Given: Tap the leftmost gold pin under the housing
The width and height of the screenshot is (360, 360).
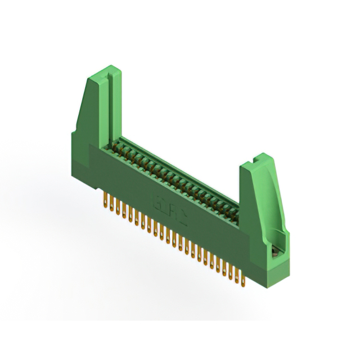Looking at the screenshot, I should point(106,200).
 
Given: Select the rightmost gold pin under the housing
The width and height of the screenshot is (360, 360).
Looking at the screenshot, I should point(242,277).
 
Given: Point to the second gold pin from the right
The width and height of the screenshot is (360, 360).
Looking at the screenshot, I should point(237,274).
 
